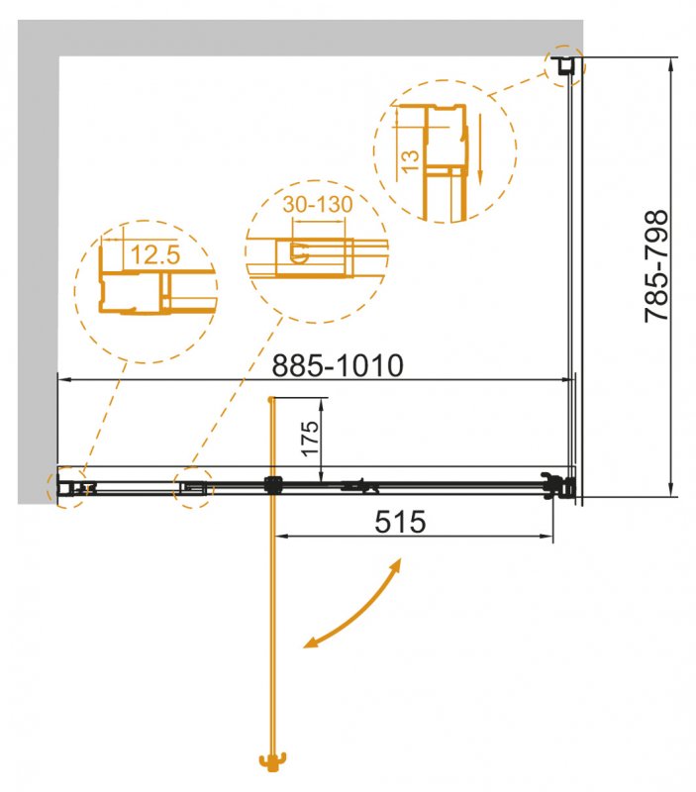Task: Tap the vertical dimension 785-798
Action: pyautogui.click(x=656, y=266)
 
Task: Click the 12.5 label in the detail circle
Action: pyautogui.click(x=153, y=255)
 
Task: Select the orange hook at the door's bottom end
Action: pyautogui.click(x=270, y=764)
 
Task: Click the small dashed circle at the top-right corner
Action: pyautogui.click(x=566, y=65)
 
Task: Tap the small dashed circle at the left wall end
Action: pyautogui.click(x=69, y=487)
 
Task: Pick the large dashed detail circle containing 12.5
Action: pyautogui.click(x=145, y=289)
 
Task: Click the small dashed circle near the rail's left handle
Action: pyautogui.click(x=194, y=487)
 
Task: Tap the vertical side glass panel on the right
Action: pyautogui.click(x=572, y=277)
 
